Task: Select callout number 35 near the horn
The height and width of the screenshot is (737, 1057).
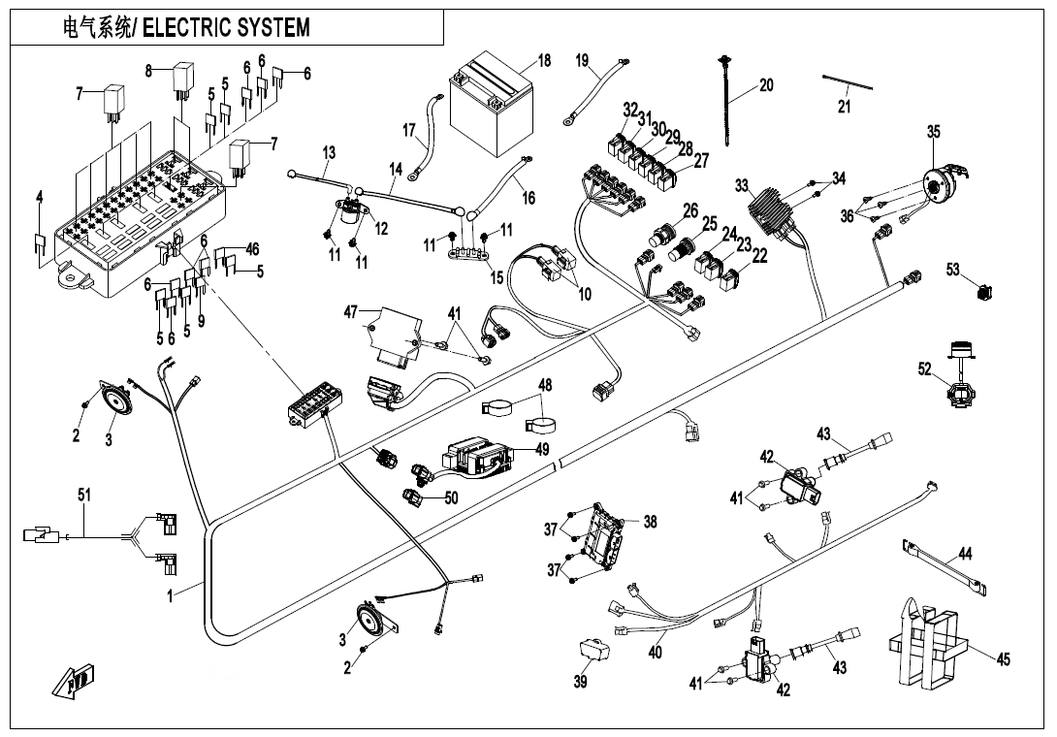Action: tap(933, 132)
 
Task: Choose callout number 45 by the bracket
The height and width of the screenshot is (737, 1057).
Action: tap(1004, 659)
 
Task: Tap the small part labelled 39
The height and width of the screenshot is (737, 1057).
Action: tap(591, 651)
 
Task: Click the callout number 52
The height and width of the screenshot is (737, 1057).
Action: tap(924, 368)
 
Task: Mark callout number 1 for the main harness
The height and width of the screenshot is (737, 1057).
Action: tap(170, 596)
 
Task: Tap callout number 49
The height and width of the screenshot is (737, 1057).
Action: tap(541, 449)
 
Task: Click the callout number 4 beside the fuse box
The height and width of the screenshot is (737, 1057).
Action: tap(40, 197)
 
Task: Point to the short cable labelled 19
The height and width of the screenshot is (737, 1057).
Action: tap(593, 92)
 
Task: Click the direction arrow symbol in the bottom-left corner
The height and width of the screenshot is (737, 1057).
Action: tap(75, 681)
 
